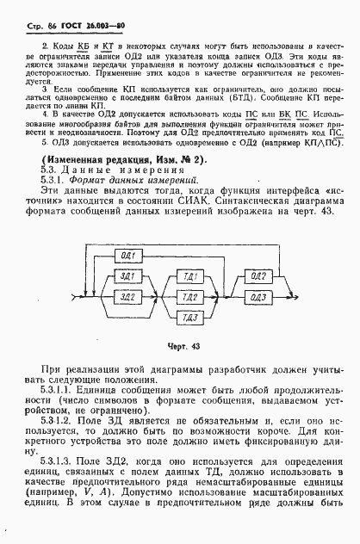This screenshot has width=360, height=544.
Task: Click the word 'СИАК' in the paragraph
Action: (x=177, y=201)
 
